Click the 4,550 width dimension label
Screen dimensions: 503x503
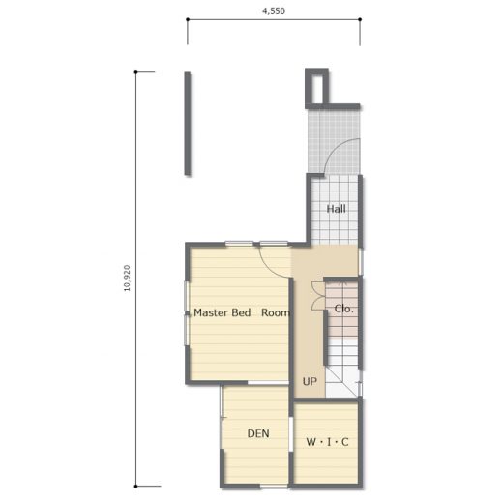(274, 11)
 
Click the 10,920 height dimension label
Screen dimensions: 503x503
(127, 278)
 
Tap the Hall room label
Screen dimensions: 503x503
(337, 209)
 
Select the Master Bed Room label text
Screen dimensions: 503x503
(241, 312)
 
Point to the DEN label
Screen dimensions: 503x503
(258, 433)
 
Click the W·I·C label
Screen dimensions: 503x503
(327, 442)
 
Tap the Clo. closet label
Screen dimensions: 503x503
(343, 309)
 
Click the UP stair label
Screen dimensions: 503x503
(310, 381)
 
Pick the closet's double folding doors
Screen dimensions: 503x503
(318, 296)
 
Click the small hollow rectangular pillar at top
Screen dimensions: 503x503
(316, 87)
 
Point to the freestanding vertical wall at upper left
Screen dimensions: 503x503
(188, 123)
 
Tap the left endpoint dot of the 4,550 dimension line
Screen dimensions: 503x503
(188, 19)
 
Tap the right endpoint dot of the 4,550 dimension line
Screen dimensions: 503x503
(360, 19)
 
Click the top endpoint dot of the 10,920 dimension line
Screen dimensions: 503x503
(135, 72)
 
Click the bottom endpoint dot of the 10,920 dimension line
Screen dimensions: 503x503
(135, 487)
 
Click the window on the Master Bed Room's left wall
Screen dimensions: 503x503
(187, 312)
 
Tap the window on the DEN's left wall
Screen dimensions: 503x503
(222, 417)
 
